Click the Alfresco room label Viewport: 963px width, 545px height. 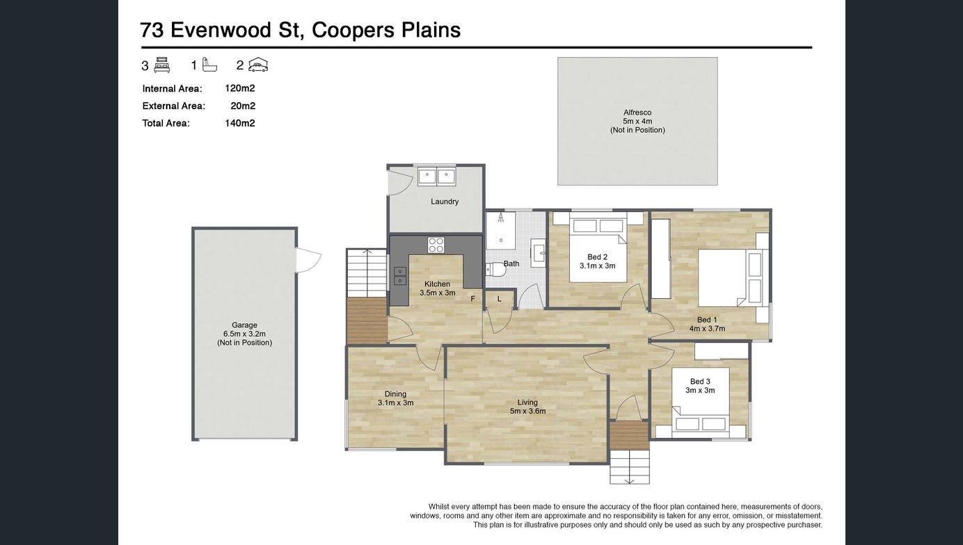point(637,113)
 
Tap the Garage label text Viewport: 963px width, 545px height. point(244,325)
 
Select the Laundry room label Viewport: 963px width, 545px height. point(445,202)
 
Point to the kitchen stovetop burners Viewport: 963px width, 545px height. point(436,245)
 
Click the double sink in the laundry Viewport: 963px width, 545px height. point(437,176)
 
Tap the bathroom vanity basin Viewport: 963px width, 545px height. point(538,250)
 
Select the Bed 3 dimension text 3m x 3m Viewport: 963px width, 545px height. point(700,391)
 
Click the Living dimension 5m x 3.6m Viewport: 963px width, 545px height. point(527,411)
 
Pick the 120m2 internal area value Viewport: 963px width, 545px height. point(240,88)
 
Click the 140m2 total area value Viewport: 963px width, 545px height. point(240,123)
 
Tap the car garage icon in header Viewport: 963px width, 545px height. point(258,65)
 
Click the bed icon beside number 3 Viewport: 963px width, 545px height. point(162,65)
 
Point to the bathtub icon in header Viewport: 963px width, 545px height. point(209,65)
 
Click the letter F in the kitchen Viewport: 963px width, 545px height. point(472,298)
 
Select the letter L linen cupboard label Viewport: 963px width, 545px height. point(499,299)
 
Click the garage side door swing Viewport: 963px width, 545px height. point(309,260)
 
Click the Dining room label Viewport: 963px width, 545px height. point(395,394)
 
